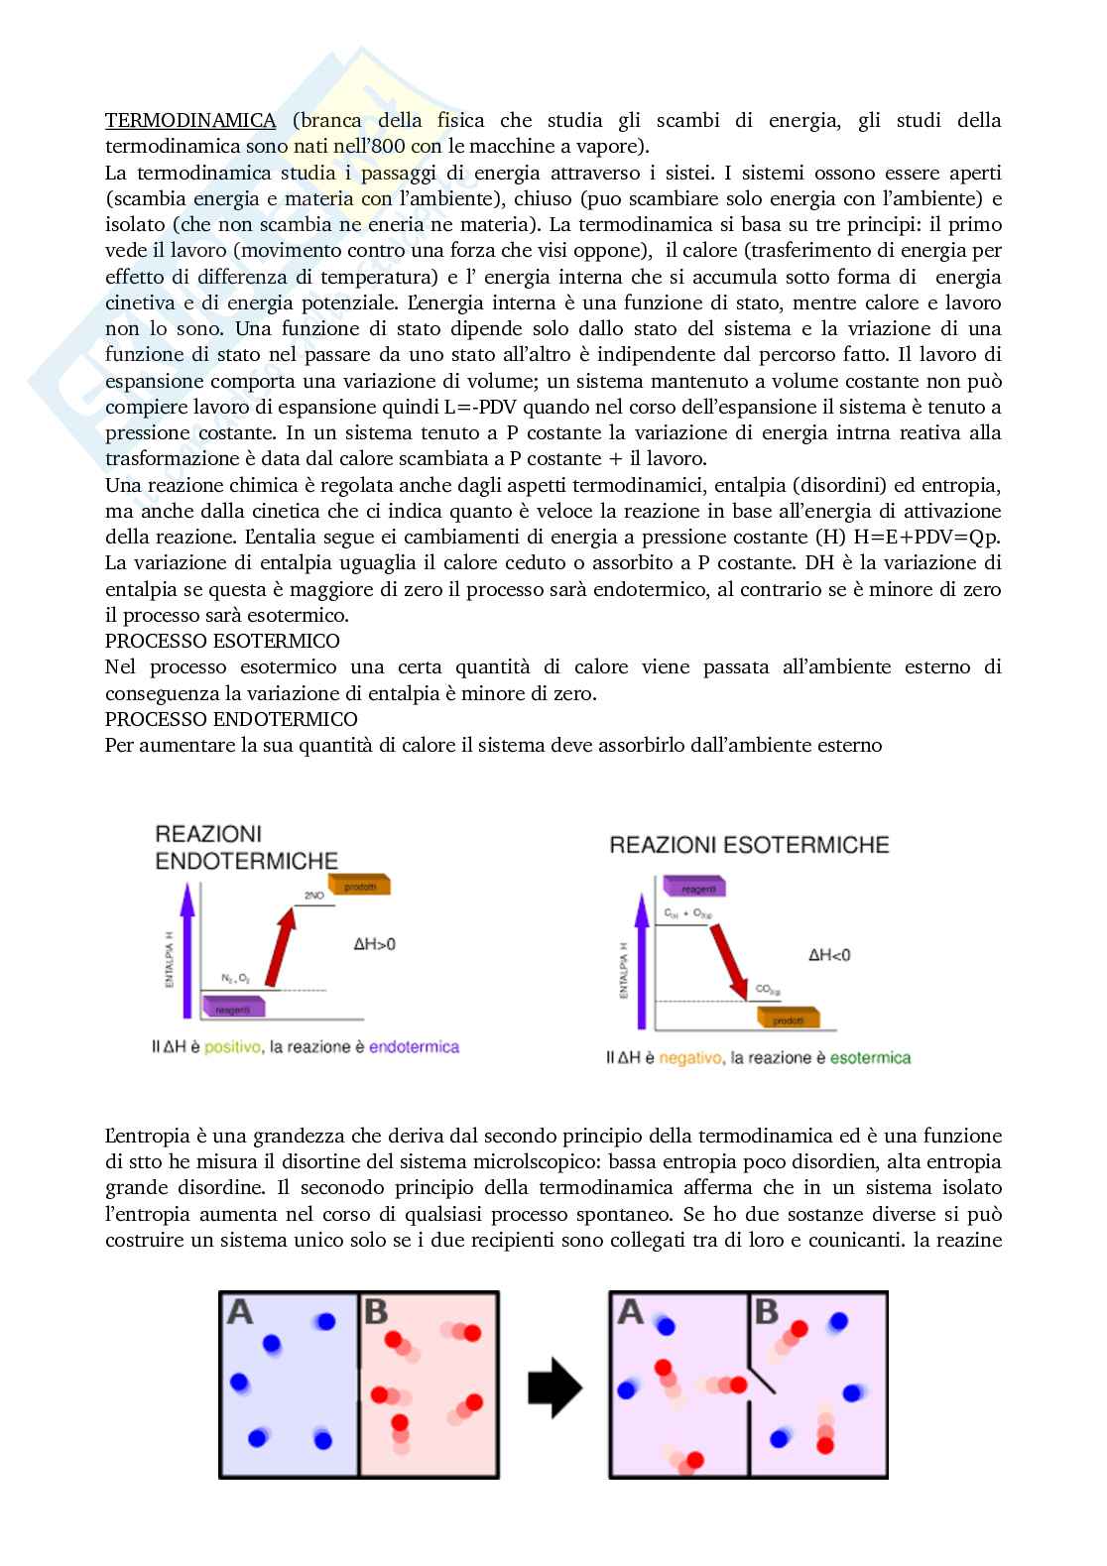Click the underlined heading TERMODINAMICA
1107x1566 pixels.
[x=190, y=121]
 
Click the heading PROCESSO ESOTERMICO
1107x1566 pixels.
[x=222, y=641]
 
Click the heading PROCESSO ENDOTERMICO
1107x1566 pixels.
[x=231, y=718]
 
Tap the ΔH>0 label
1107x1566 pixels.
[x=374, y=943]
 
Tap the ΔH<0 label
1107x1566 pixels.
[x=829, y=955]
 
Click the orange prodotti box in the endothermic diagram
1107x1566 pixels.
[x=360, y=886]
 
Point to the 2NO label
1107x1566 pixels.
[x=314, y=896]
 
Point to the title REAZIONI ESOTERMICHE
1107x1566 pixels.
[x=749, y=845]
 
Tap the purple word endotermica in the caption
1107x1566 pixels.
[x=414, y=1046]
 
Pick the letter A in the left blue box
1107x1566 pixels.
[x=240, y=1313]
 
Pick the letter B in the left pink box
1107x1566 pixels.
[x=376, y=1313]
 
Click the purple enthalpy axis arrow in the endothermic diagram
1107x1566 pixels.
[x=185, y=952]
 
